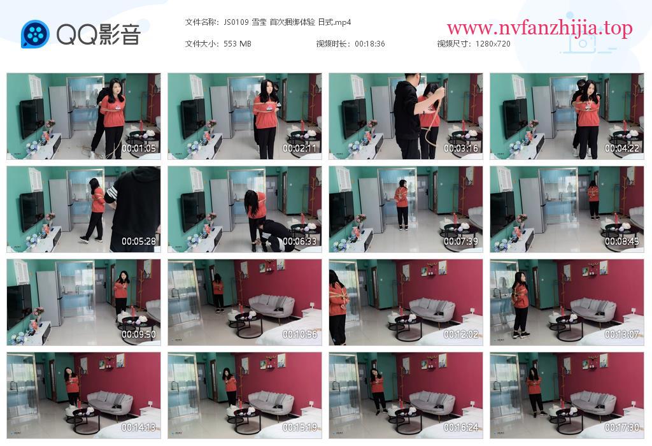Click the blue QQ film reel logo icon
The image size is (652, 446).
tap(35, 34)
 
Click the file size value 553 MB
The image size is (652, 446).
tap(237, 44)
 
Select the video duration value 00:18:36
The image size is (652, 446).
tap(370, 44)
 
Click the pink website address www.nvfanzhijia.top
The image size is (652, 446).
tap(539, 28)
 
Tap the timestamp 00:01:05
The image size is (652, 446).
tap(138, 148)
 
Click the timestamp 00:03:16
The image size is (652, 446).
tap(461, 148)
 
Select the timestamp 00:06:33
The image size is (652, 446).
tap(299, 241)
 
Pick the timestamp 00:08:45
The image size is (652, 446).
tap(621, 241)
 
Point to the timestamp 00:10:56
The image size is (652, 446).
tap(299, 334)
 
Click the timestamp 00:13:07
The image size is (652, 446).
tap(621, 334)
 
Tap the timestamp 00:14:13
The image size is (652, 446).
tap(138, 428)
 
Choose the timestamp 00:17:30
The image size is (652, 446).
tap(621, 428)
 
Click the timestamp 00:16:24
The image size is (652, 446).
tap(461, 428)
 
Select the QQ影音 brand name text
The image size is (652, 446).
tap(98, 34)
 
